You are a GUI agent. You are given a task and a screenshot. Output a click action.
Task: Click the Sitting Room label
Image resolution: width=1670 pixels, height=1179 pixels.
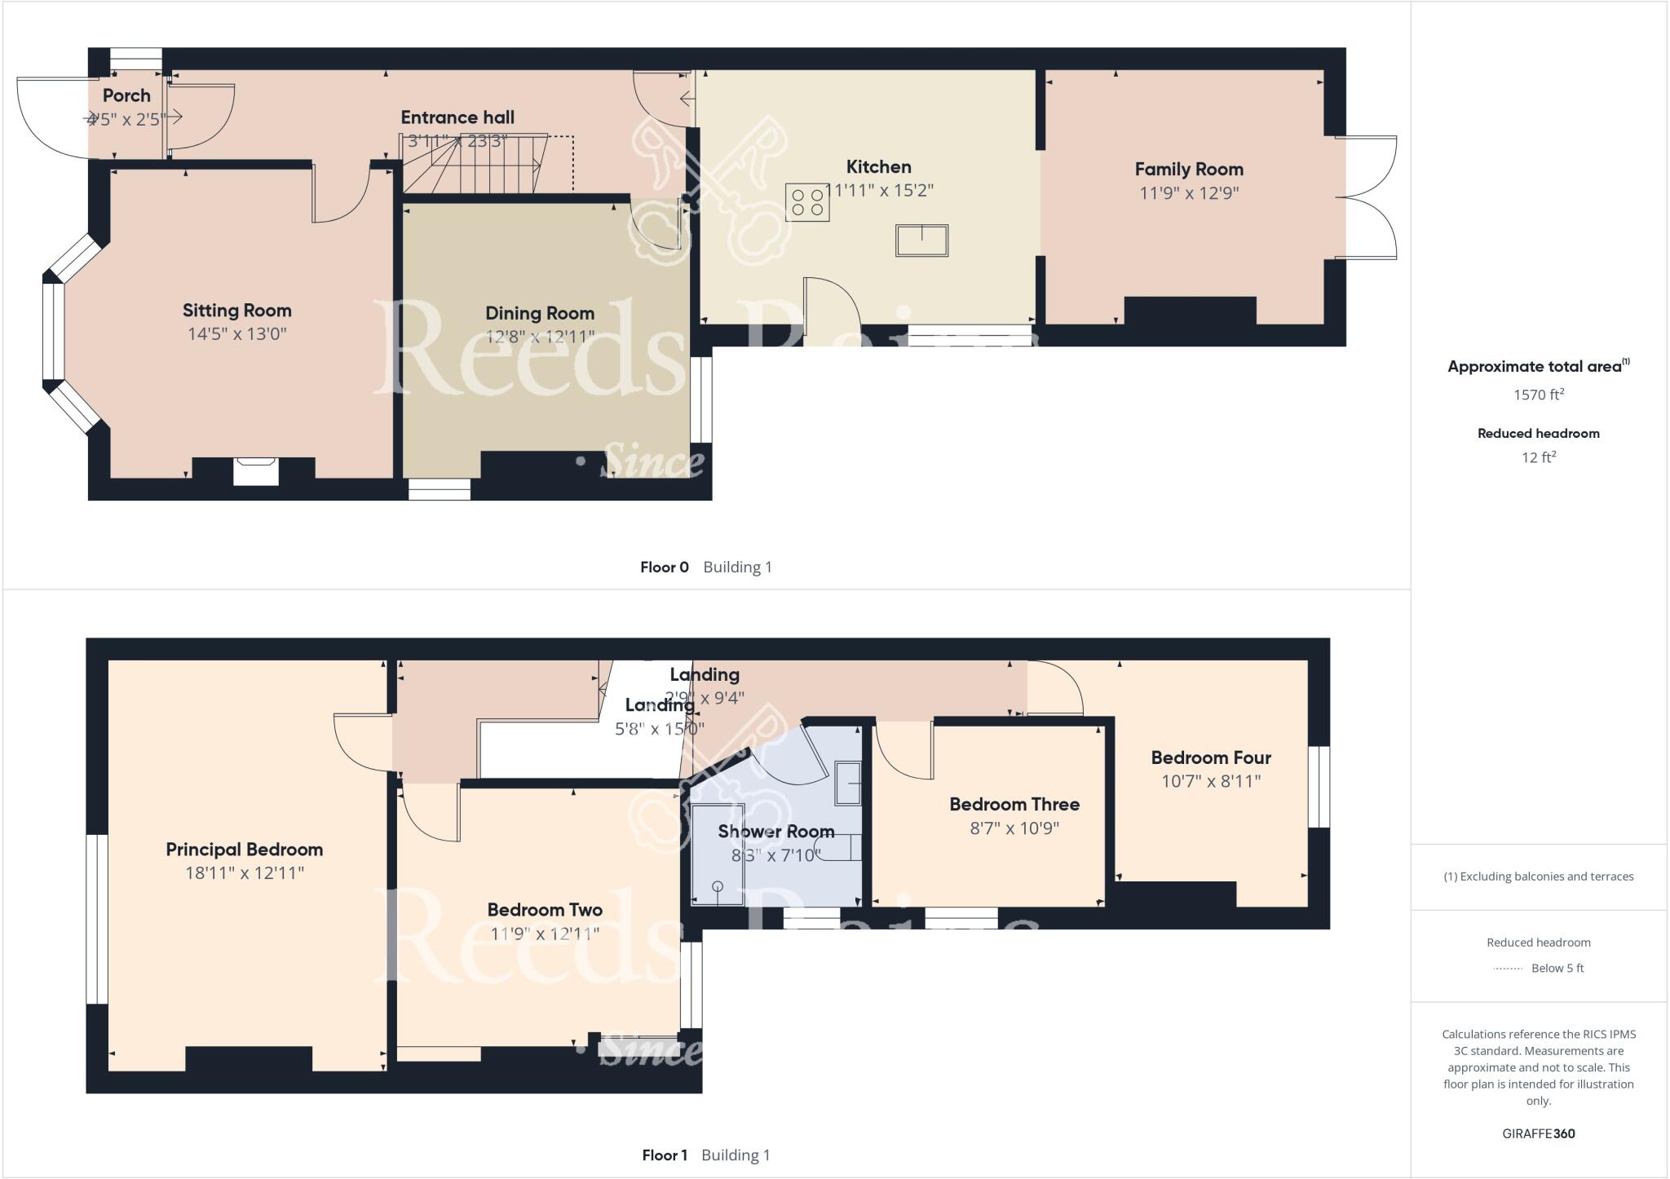click(x=236, y=311)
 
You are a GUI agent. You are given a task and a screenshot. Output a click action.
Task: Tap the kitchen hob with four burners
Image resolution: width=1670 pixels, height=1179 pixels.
click(x=807, y=202)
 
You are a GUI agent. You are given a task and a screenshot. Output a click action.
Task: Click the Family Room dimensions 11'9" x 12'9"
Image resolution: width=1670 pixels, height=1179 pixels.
click(x=1189, y=193)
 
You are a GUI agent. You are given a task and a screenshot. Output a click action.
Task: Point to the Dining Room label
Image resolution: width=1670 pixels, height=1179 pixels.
click(x=539, y=313)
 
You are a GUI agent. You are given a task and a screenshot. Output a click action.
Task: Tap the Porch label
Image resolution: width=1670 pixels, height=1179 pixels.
click(x=126, y=95)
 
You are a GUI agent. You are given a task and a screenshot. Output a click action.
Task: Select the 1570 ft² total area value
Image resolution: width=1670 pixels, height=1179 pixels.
click(x=1538, y=395)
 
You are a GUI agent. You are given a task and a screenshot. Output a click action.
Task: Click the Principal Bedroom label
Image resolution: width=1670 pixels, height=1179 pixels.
click(x=244, y=850)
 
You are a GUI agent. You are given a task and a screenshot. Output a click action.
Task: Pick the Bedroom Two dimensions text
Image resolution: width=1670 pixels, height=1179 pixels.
click(x=544, y=934)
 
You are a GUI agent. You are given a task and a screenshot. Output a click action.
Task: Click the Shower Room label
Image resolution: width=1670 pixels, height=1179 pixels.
click(x=775, y=832)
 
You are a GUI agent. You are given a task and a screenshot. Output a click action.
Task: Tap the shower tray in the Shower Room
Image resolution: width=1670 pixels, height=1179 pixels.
click(x=718, y=854)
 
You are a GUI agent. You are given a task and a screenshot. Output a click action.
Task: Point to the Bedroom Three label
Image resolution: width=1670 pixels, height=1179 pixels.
click(x=1014, y=805)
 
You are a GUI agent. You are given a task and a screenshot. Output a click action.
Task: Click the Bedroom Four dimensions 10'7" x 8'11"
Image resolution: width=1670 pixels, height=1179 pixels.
click(x=1210, y=781)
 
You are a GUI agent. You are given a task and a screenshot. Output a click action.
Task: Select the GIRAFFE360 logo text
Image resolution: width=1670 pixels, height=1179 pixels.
click(x=1538, y=1133)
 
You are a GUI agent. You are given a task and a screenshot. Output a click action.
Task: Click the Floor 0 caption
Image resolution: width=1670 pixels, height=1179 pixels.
click(x=664, y=567)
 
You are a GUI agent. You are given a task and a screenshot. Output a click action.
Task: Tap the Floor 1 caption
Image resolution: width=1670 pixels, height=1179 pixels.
click(x=664, y=1155)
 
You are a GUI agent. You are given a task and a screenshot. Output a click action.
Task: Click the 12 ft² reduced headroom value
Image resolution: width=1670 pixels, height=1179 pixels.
click(x=1538, y=457)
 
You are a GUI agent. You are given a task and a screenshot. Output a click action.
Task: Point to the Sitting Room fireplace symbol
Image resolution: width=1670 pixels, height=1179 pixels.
click(x=256, y=472)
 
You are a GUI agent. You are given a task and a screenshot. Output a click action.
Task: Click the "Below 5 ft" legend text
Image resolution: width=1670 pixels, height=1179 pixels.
click(x=1557, y=969)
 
